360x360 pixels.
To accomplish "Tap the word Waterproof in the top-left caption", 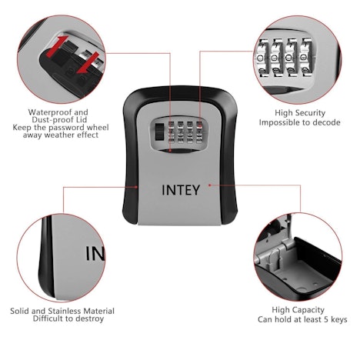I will tap(45, 112).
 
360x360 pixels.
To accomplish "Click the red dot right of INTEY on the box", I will tap(209, 185).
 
